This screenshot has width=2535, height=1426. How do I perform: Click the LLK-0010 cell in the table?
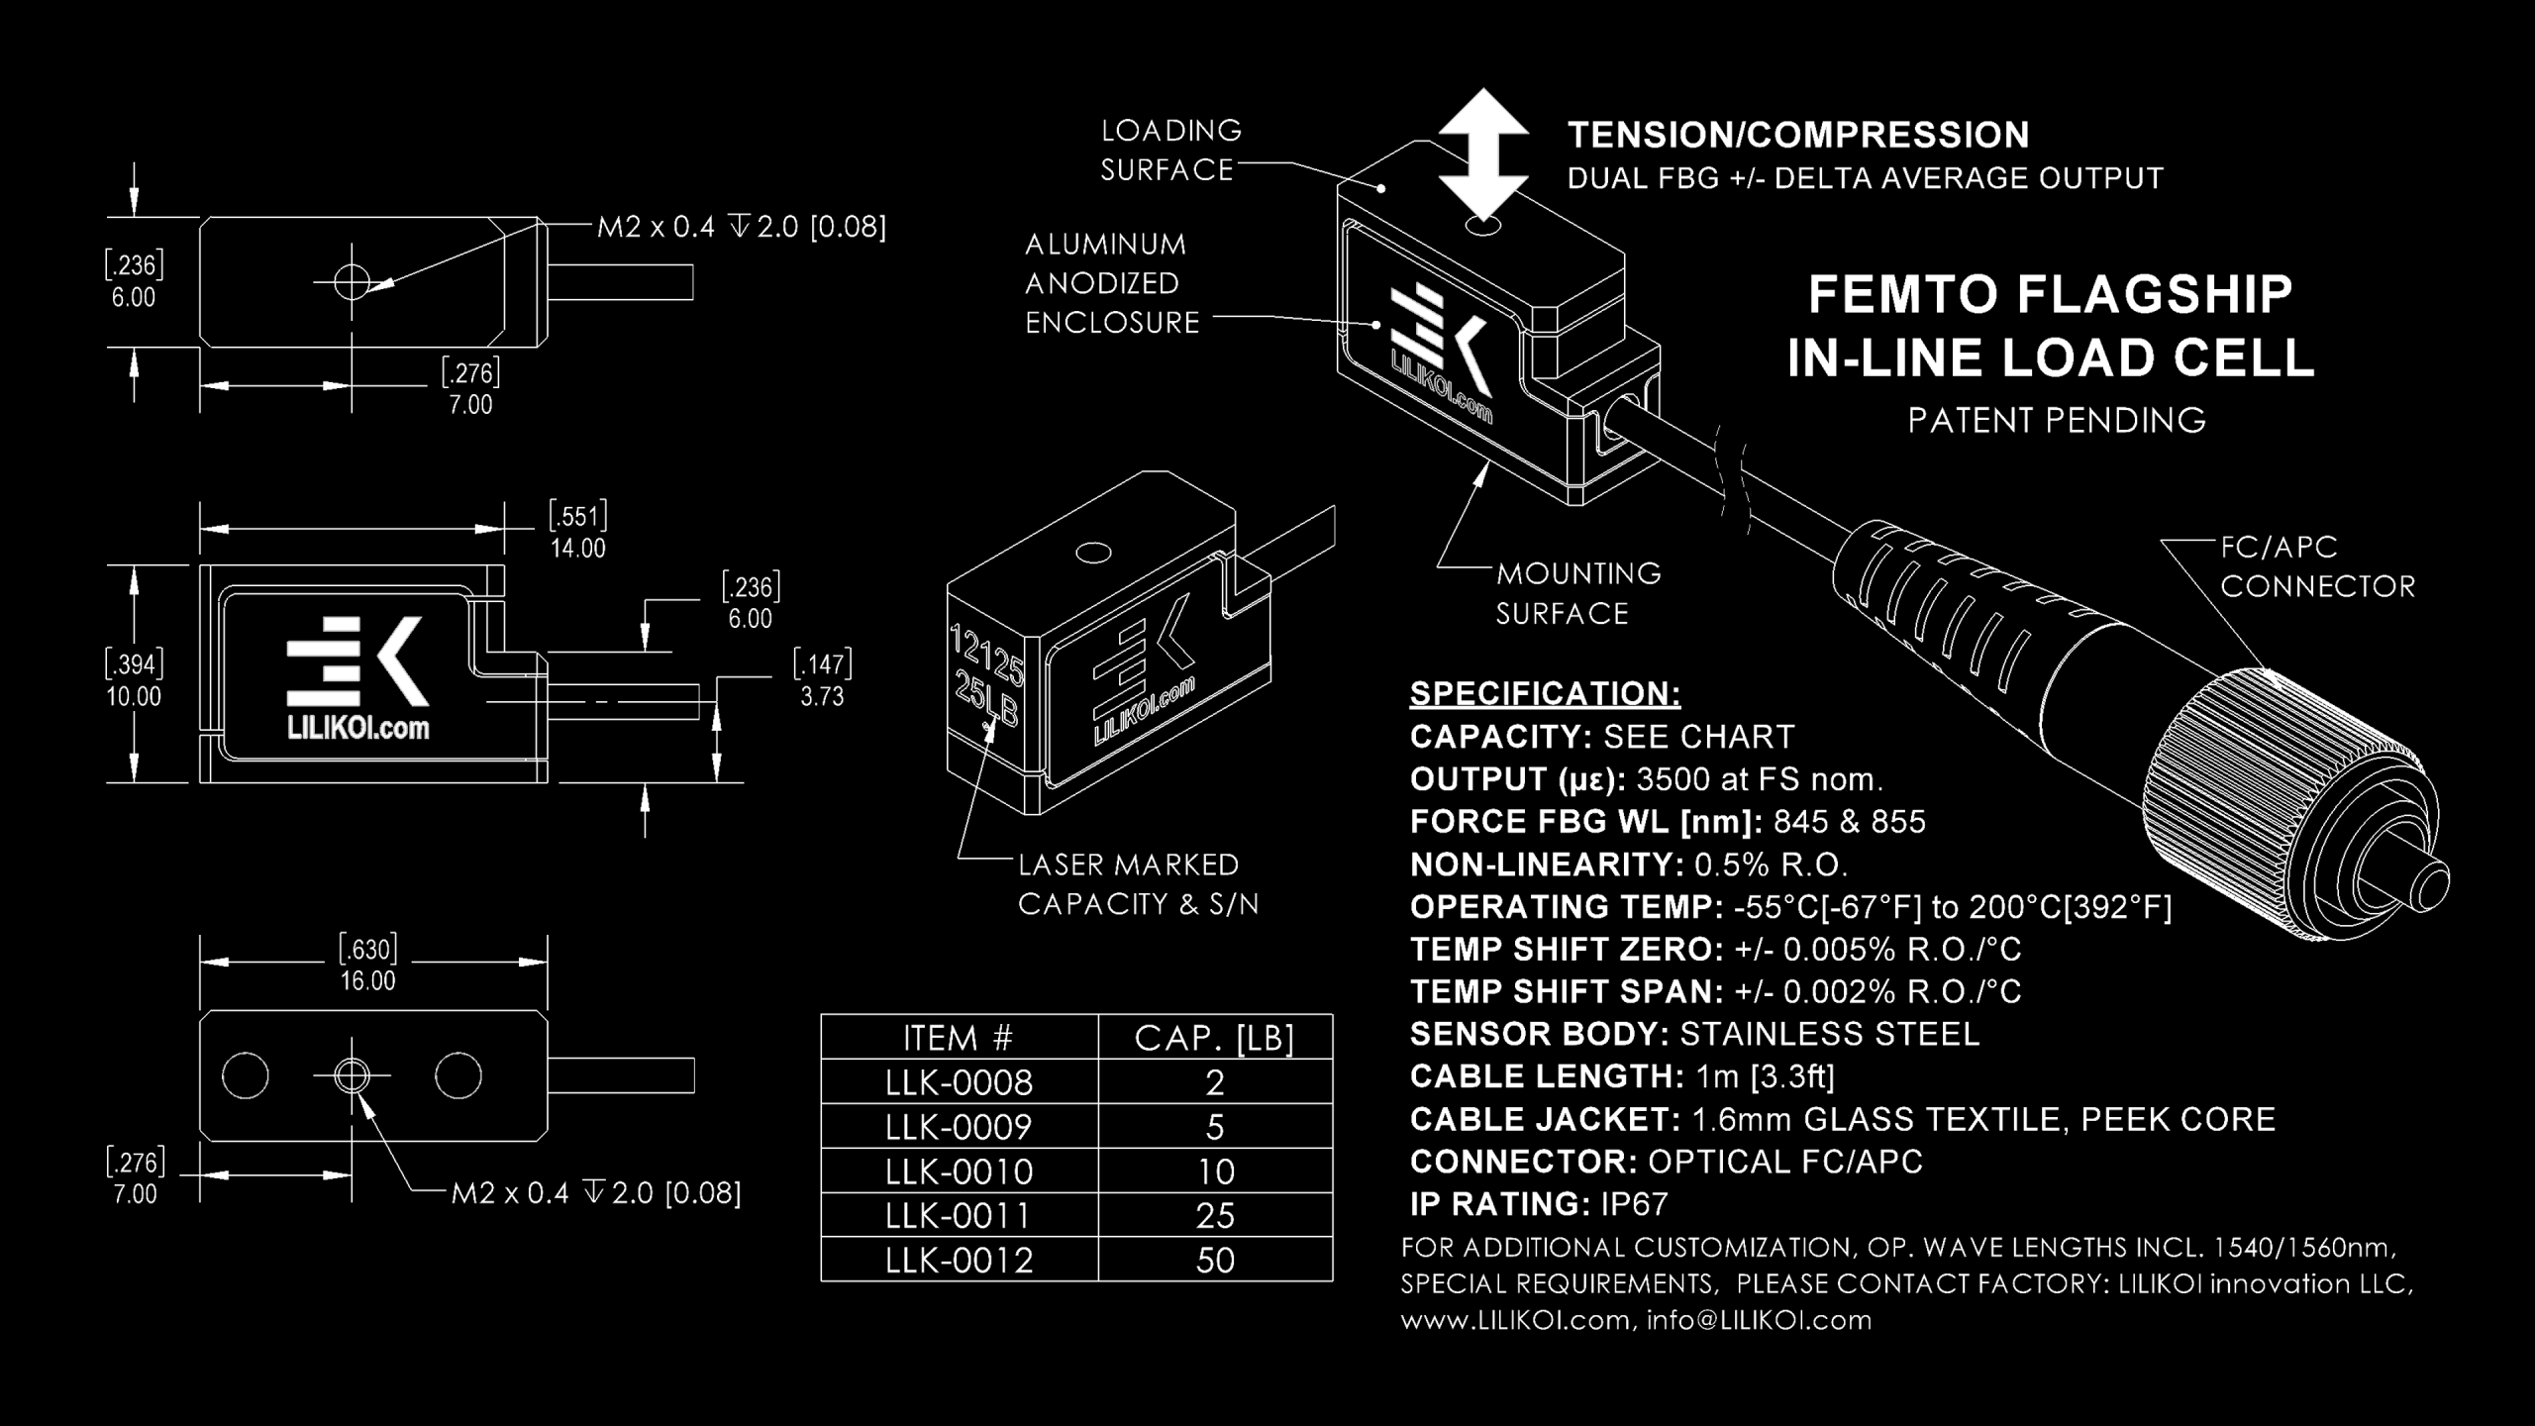(959, 1171)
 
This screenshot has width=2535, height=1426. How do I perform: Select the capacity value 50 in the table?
(1215, 1261)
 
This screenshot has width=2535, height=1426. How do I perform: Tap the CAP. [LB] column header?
(1215, 1038)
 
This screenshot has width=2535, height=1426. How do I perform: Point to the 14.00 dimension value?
(578, 549)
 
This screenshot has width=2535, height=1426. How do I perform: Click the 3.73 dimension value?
(822, 697)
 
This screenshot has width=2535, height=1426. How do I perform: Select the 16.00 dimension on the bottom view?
(367, 981)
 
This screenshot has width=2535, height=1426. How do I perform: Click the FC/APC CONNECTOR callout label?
(2317, 566)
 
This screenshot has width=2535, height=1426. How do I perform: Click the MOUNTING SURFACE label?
(1577, 593)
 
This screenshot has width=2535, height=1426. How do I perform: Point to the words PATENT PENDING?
(2057, 421)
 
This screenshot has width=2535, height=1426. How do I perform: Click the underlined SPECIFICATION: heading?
(1545, 693)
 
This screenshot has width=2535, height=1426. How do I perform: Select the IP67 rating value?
(1635, 1204)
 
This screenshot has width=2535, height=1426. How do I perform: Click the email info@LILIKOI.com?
(1759, 1320)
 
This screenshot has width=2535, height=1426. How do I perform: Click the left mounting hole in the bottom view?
(245, 1075)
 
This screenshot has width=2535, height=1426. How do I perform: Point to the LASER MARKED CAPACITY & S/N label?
(1137, 884)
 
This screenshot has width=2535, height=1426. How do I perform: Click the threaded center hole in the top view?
(352, 282)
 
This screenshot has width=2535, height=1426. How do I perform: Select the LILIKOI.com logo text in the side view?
(357, 728)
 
